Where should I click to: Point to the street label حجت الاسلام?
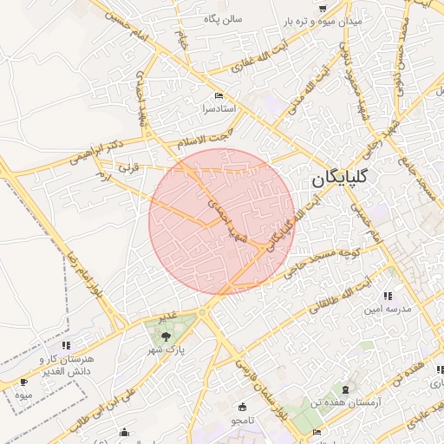(205, 139)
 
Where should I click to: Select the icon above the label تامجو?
(241, 407)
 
